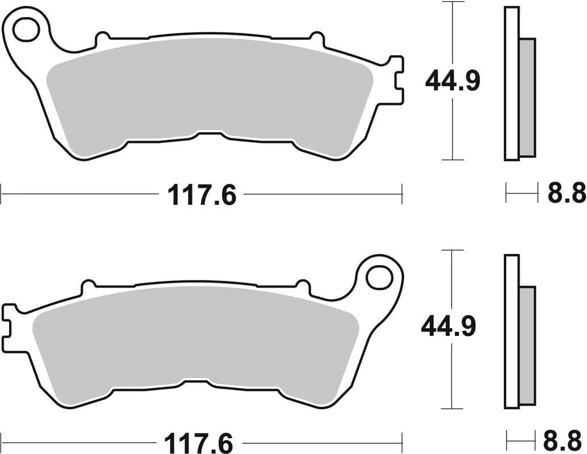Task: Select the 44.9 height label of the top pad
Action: pyautogui.click(x=452, y=81)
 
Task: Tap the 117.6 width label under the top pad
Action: pyautogui.click(x=202, y=196)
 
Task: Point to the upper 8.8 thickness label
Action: pyautogui.click(x=566, y=194)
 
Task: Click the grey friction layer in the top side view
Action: pyautogui.click(x=527, y=97)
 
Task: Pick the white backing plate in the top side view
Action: pyautogui.click(x=511, y=83)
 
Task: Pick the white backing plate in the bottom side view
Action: pyautogui.click(x=511, y=332)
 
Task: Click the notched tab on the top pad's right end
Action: pyautogui.click(x=396, y=79)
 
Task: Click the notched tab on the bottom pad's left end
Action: pyautogui.click(x=10, y=328)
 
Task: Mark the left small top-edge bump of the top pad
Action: pyautogui.click(x=102, y=40)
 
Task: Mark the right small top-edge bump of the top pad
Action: pyautogui.click(x=316, y=39)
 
